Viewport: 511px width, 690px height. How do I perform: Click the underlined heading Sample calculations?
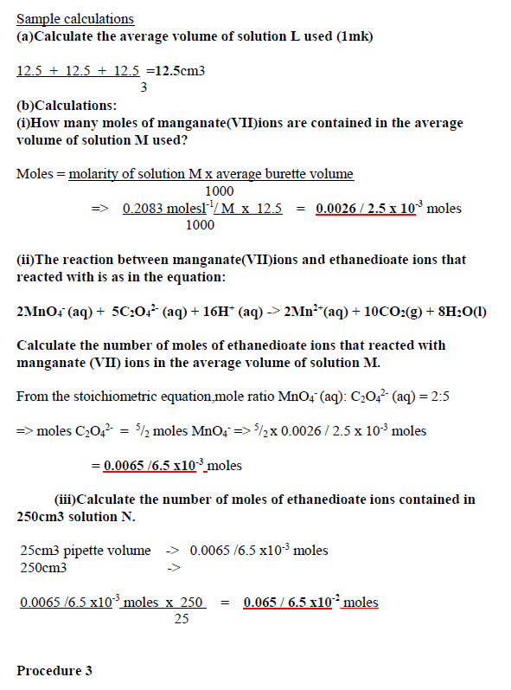75,19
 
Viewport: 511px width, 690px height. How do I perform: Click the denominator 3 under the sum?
144,87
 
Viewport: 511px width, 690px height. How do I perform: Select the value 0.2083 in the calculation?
143,209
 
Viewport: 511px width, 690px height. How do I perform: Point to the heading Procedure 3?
54,671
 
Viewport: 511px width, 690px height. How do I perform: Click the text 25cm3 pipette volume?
85,551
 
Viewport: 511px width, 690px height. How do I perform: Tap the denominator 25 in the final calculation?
182,619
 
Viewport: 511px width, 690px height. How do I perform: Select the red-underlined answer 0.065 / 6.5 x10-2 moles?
310,603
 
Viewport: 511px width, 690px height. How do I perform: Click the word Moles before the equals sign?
35,174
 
